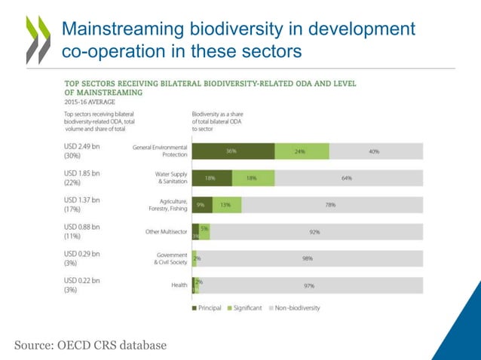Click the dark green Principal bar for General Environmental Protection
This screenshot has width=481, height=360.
coord(232,151)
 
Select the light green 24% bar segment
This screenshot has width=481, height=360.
coord(301,151)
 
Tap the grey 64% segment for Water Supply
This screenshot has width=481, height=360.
coord(347,178)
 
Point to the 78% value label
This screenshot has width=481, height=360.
coord(329,205)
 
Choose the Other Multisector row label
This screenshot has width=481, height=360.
coord(167,232)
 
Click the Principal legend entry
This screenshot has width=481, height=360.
coord(207,307)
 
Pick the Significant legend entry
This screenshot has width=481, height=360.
coord(245,307)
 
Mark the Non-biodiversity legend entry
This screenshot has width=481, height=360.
coord(295,307)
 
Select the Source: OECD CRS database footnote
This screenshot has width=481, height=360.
coord(90,345)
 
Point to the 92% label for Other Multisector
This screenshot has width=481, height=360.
coord(314,232)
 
